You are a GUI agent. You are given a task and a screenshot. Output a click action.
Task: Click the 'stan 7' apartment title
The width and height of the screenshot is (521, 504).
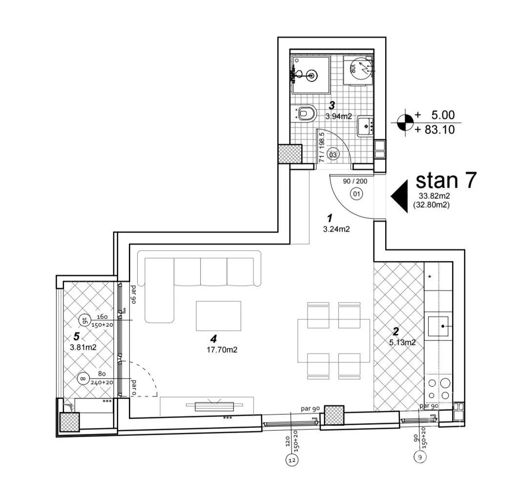tap(446, 180)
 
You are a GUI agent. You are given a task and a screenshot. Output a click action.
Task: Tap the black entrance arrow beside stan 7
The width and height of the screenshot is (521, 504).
tap(400, 196)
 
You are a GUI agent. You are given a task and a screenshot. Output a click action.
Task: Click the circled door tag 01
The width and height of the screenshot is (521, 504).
tap(356, 193)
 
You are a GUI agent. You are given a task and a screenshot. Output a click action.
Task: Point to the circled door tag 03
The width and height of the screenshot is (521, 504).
tap(333, 154)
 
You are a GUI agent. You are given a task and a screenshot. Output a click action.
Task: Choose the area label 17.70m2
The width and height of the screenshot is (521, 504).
tap(222, 350)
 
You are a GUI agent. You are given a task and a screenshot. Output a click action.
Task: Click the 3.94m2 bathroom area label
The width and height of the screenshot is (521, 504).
tap(338, 116)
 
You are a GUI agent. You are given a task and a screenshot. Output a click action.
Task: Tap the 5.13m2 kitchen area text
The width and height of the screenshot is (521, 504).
tap(402, 342)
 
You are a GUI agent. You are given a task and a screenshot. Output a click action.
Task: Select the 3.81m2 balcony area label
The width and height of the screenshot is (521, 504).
tap(83, 348)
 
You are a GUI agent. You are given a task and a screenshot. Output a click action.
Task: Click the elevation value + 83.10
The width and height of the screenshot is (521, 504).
tap(435, 129)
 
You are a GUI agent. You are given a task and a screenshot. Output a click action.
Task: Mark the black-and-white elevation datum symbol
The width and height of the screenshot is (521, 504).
tap(405, 122)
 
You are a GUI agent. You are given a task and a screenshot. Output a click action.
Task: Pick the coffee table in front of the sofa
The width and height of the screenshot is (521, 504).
tap(218, 315)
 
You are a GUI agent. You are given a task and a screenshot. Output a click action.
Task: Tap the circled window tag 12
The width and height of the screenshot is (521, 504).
tap(292, 460)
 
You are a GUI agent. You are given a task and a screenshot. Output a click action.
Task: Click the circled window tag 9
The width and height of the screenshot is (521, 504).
tap(419, 457)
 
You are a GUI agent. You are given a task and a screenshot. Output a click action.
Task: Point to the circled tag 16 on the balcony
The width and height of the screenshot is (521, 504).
tap(84, 320)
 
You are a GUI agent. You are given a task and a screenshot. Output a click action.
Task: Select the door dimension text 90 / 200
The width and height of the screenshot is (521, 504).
tap(355, 181)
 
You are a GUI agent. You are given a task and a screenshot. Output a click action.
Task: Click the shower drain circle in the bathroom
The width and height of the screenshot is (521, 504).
tap(312, 75)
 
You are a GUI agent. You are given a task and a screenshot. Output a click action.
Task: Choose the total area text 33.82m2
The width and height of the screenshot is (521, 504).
tap(434, 196)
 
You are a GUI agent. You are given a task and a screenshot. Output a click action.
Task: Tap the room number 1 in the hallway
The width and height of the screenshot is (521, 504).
tap(329, 218)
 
